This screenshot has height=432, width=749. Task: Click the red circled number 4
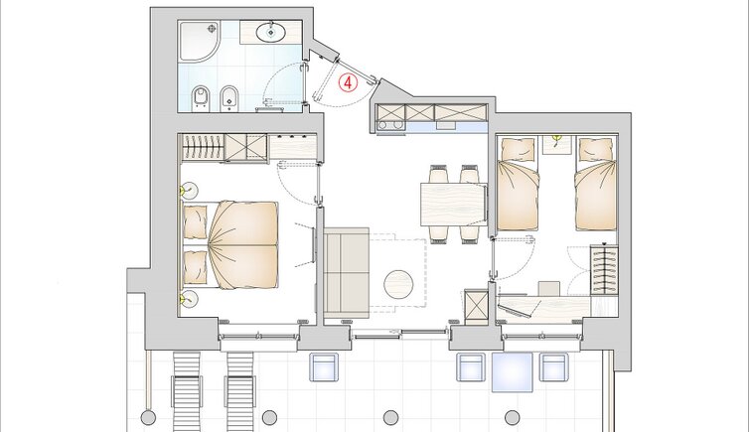click(x=348, y=82)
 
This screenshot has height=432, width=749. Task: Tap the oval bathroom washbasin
click(x=271, y=33)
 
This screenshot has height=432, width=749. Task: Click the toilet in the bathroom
click(x=201, y=98)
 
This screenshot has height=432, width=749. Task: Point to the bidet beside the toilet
click(x=229, y=98)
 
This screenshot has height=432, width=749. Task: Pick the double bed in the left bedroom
click(x=230, y=245)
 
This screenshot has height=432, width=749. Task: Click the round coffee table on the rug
click(x=398, y=285)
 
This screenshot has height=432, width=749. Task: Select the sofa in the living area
click(x=347, y=272)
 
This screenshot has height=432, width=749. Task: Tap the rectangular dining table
click(x=453, y=204)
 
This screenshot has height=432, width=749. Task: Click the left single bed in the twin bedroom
click(x=519, y=184)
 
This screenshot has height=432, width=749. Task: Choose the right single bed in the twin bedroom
click(x=596, y=184)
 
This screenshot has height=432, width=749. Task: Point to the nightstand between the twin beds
click(x=557, y=145)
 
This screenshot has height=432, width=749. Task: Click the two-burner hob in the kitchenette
click(x=390, y=125)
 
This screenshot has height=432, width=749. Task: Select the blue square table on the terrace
click(x=513, y=371)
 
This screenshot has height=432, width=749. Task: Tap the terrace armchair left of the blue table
click(x=471, y=367)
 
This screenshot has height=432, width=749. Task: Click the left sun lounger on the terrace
click(x=187, y=392)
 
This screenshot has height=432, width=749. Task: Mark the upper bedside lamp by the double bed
click(x=189, y=191)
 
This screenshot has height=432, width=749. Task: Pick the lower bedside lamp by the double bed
click(x=189, y=299)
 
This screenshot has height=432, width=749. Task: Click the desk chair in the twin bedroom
click(x=549, y=289)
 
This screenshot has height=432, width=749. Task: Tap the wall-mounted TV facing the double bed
click(x=313, y=245)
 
